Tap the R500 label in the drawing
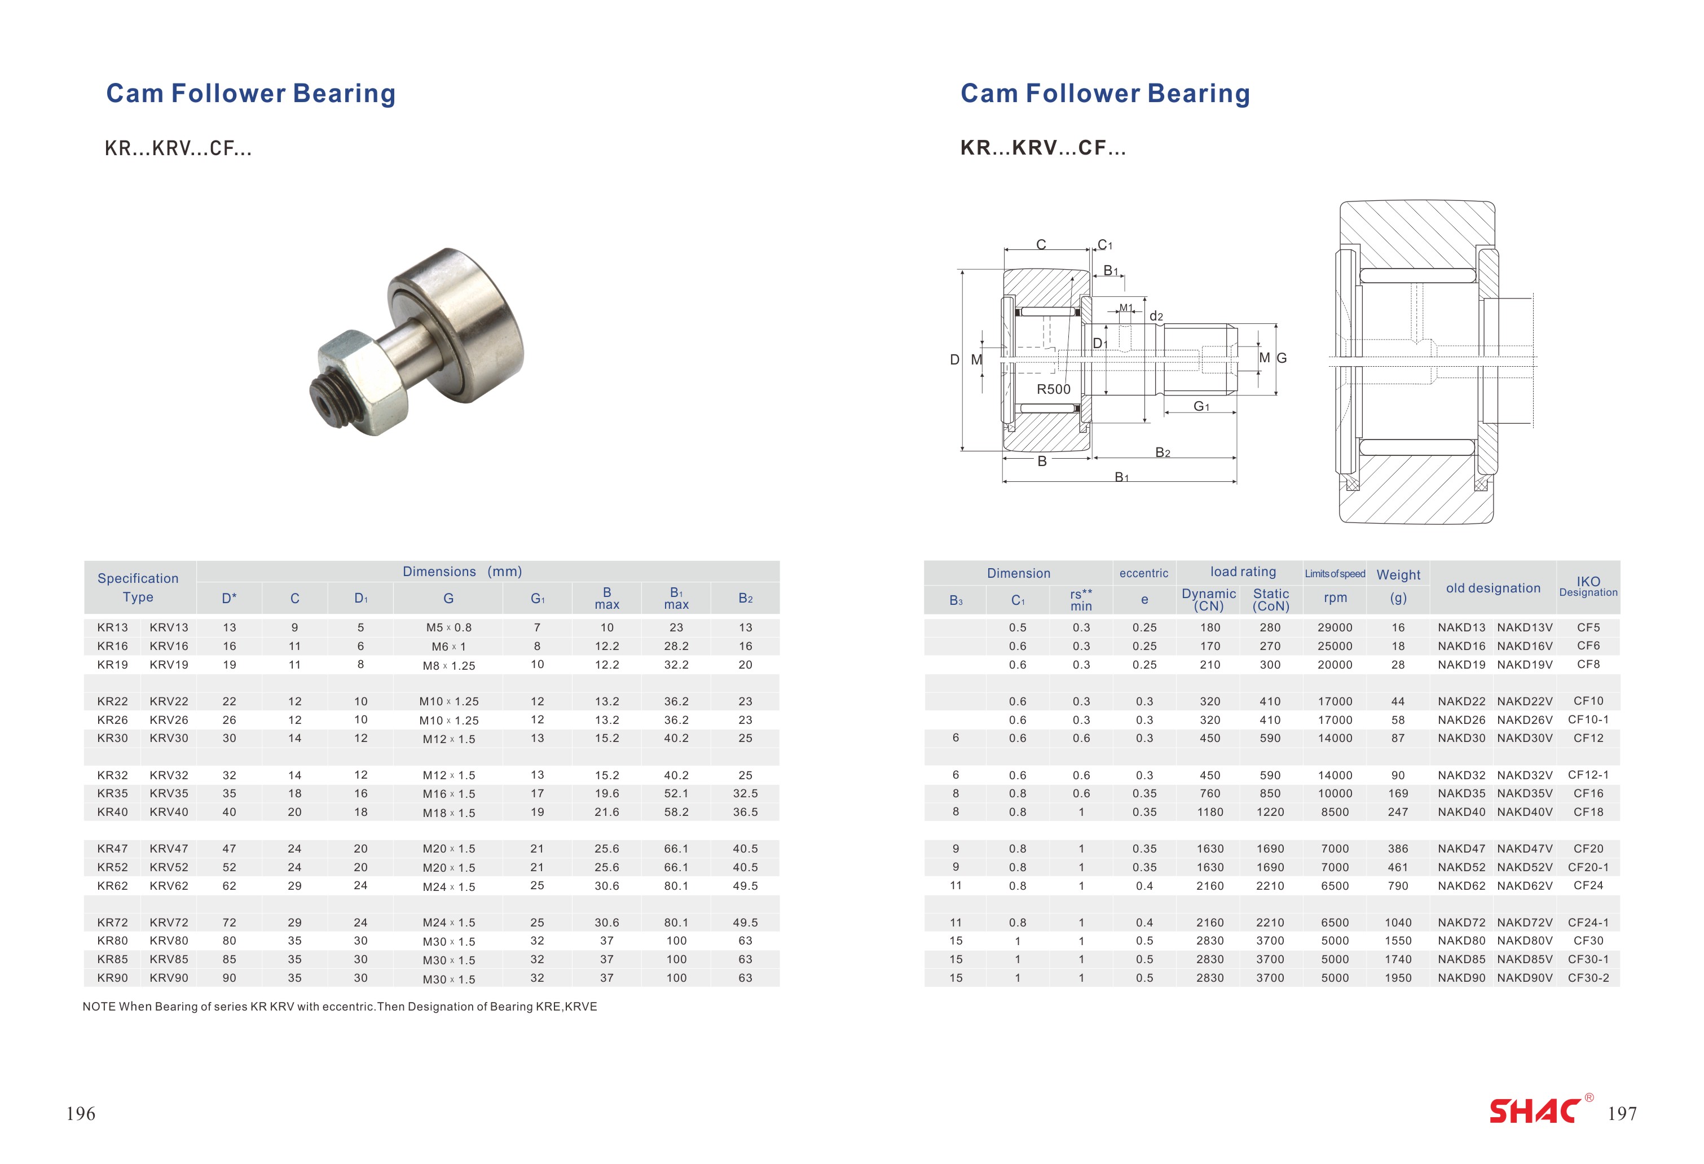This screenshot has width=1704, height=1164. click(1053, 389)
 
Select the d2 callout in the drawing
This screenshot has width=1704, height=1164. click(1156, 316)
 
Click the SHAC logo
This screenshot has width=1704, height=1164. click(1536, 1110)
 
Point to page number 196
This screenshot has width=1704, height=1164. click(81, 1113)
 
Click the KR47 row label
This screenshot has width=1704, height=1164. click(112, 849)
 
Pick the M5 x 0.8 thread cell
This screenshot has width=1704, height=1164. click(449, 628)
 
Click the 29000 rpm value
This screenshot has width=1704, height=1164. click(1335, 628)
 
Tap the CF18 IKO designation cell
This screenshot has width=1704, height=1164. click(1588, 812)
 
